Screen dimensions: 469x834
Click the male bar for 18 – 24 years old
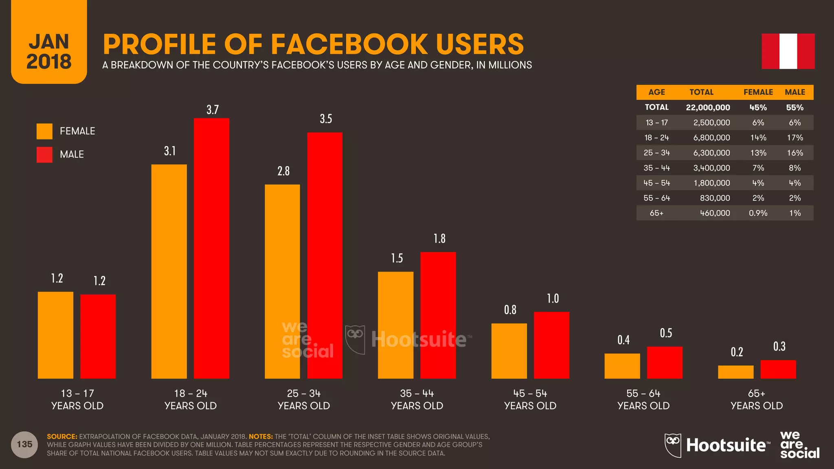tap(211, 248)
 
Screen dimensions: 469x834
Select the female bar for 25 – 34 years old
tap(282, 281)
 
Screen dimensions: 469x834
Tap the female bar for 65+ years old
tap(735, 372)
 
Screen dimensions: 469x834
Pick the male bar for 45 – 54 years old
tap(551, 345)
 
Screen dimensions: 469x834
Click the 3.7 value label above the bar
tap(213, 110)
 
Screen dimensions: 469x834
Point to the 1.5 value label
tap(397, 258)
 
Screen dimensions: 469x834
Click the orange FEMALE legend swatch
tap(44, 131)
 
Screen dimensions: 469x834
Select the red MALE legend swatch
tap(44, 154)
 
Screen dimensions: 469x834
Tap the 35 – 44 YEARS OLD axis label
tap(417, 399)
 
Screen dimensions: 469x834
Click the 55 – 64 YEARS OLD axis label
tap(643, 399)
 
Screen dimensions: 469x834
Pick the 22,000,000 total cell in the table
tap(708, 107)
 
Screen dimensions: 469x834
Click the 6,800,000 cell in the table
tap(711, 138)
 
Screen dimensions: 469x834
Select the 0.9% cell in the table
tap(758, 213)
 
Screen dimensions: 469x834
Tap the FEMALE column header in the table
tap(758, 92)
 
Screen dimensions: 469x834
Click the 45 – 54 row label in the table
tap(656, 183)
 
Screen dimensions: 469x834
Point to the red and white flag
tap(788, 51)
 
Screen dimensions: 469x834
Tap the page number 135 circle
tap(24, 444)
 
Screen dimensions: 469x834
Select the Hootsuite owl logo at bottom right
tap(673, 445)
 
